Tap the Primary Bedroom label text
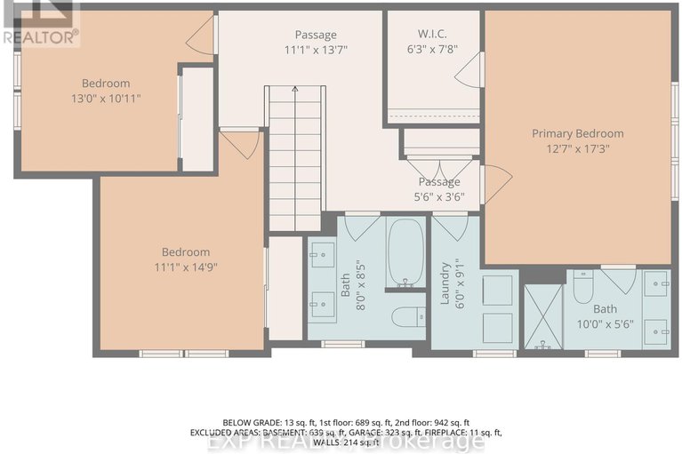click(x=577, y=133)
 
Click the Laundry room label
click(x=445, y=282)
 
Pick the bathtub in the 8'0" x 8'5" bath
click(x=405, y=253)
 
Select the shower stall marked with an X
click(x=541, y=315)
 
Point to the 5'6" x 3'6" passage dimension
click(x=439, y=197)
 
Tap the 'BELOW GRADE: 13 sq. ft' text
click(x=257, y=421)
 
